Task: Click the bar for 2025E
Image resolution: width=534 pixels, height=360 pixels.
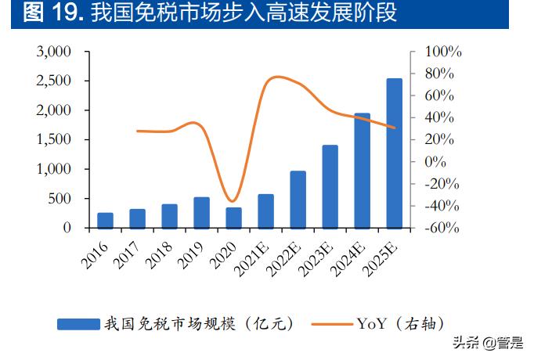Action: pos(395,153)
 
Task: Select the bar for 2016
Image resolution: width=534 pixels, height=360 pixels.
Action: pos(105,220)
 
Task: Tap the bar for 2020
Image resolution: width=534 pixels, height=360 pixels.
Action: pos(233,218)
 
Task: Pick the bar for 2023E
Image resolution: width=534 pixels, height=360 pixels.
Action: pos(330,186)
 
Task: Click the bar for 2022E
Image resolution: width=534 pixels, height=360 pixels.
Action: pos(298,200)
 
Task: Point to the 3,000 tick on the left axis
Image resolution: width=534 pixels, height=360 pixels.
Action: pos(54,52)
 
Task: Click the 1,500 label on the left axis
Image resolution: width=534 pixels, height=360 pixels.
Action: pos(54,140)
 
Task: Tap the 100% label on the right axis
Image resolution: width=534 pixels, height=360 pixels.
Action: pos(442,52)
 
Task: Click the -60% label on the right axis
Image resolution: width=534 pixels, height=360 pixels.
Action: pos(442,229)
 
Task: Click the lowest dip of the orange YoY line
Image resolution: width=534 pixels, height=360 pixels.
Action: pos(231,202)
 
